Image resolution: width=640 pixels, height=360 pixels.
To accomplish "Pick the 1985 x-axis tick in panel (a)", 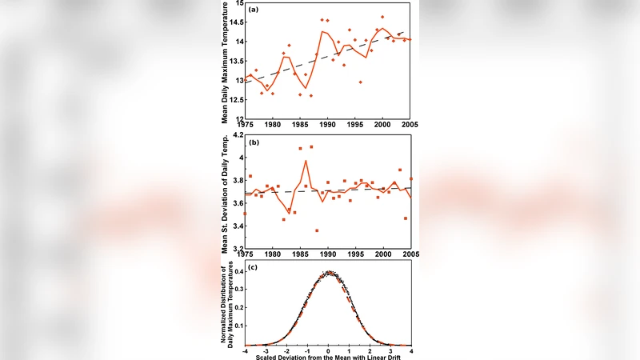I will (300, 125).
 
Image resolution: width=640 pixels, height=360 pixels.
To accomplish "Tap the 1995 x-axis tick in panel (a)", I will (355, 125).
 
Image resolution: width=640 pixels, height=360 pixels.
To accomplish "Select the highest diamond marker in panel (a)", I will (382, 17).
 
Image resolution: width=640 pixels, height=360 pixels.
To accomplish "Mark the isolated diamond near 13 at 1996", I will (360, 82).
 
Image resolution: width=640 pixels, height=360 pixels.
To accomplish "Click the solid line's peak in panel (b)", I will (306, 161).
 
